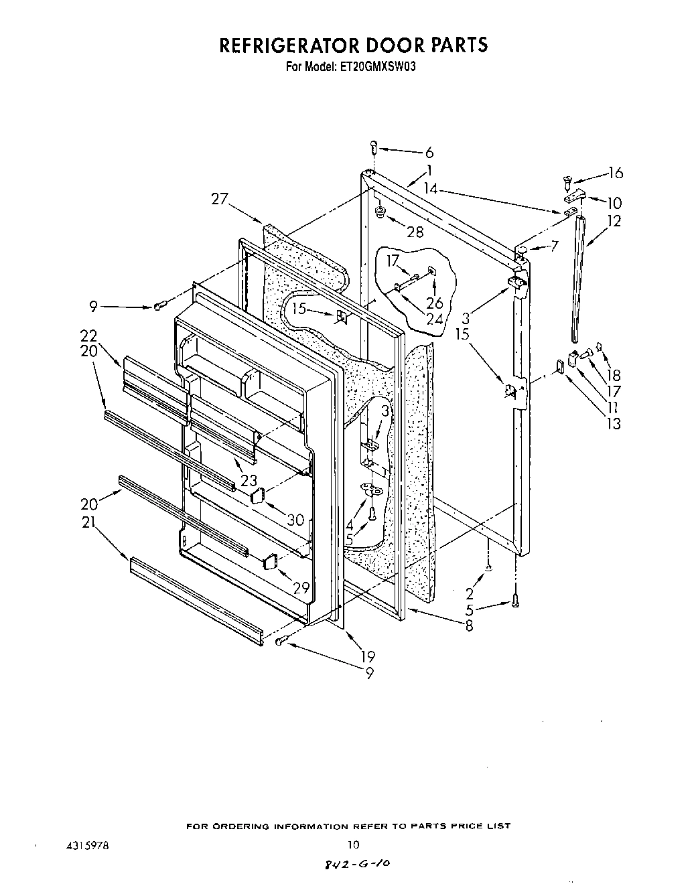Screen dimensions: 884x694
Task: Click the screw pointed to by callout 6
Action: point(374,147)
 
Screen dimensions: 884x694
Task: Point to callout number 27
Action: point(220,198)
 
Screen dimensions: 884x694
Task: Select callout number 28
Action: point(415,232)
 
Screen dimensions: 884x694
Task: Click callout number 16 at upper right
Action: point(614,173)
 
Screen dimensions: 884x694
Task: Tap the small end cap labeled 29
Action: point(271,561)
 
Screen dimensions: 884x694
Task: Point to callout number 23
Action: point(249,480)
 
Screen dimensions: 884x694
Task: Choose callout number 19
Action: point(367,656)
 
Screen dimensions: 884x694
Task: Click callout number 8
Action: point(468,627)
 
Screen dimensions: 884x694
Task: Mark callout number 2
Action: point(470,593)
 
